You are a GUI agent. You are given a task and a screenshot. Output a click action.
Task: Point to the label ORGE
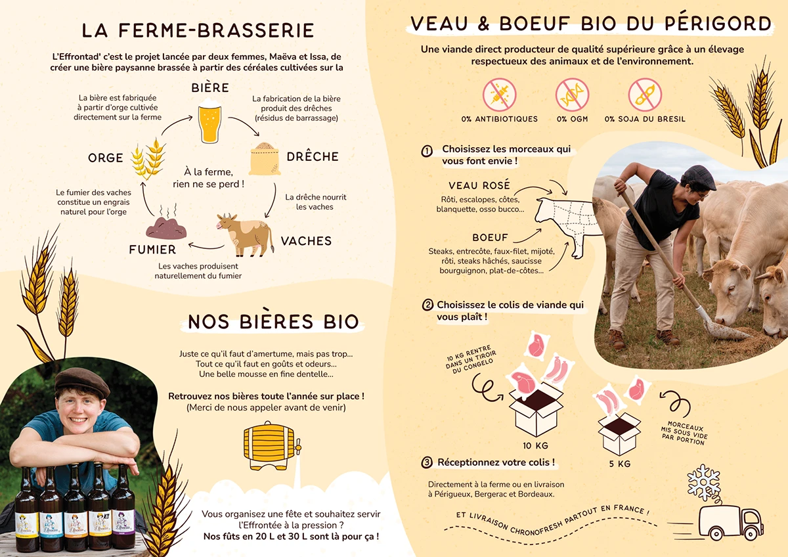coord(106,158)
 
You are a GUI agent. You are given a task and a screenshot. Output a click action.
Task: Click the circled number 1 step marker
coord(427,151)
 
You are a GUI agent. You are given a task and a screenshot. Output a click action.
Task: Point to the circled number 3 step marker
coord(427,463)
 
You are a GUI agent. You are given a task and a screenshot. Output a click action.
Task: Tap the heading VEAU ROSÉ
coord(479,186)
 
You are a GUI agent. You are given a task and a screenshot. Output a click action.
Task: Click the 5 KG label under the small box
coord(619,464)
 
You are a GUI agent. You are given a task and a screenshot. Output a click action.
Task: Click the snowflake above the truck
coord(703,483)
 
